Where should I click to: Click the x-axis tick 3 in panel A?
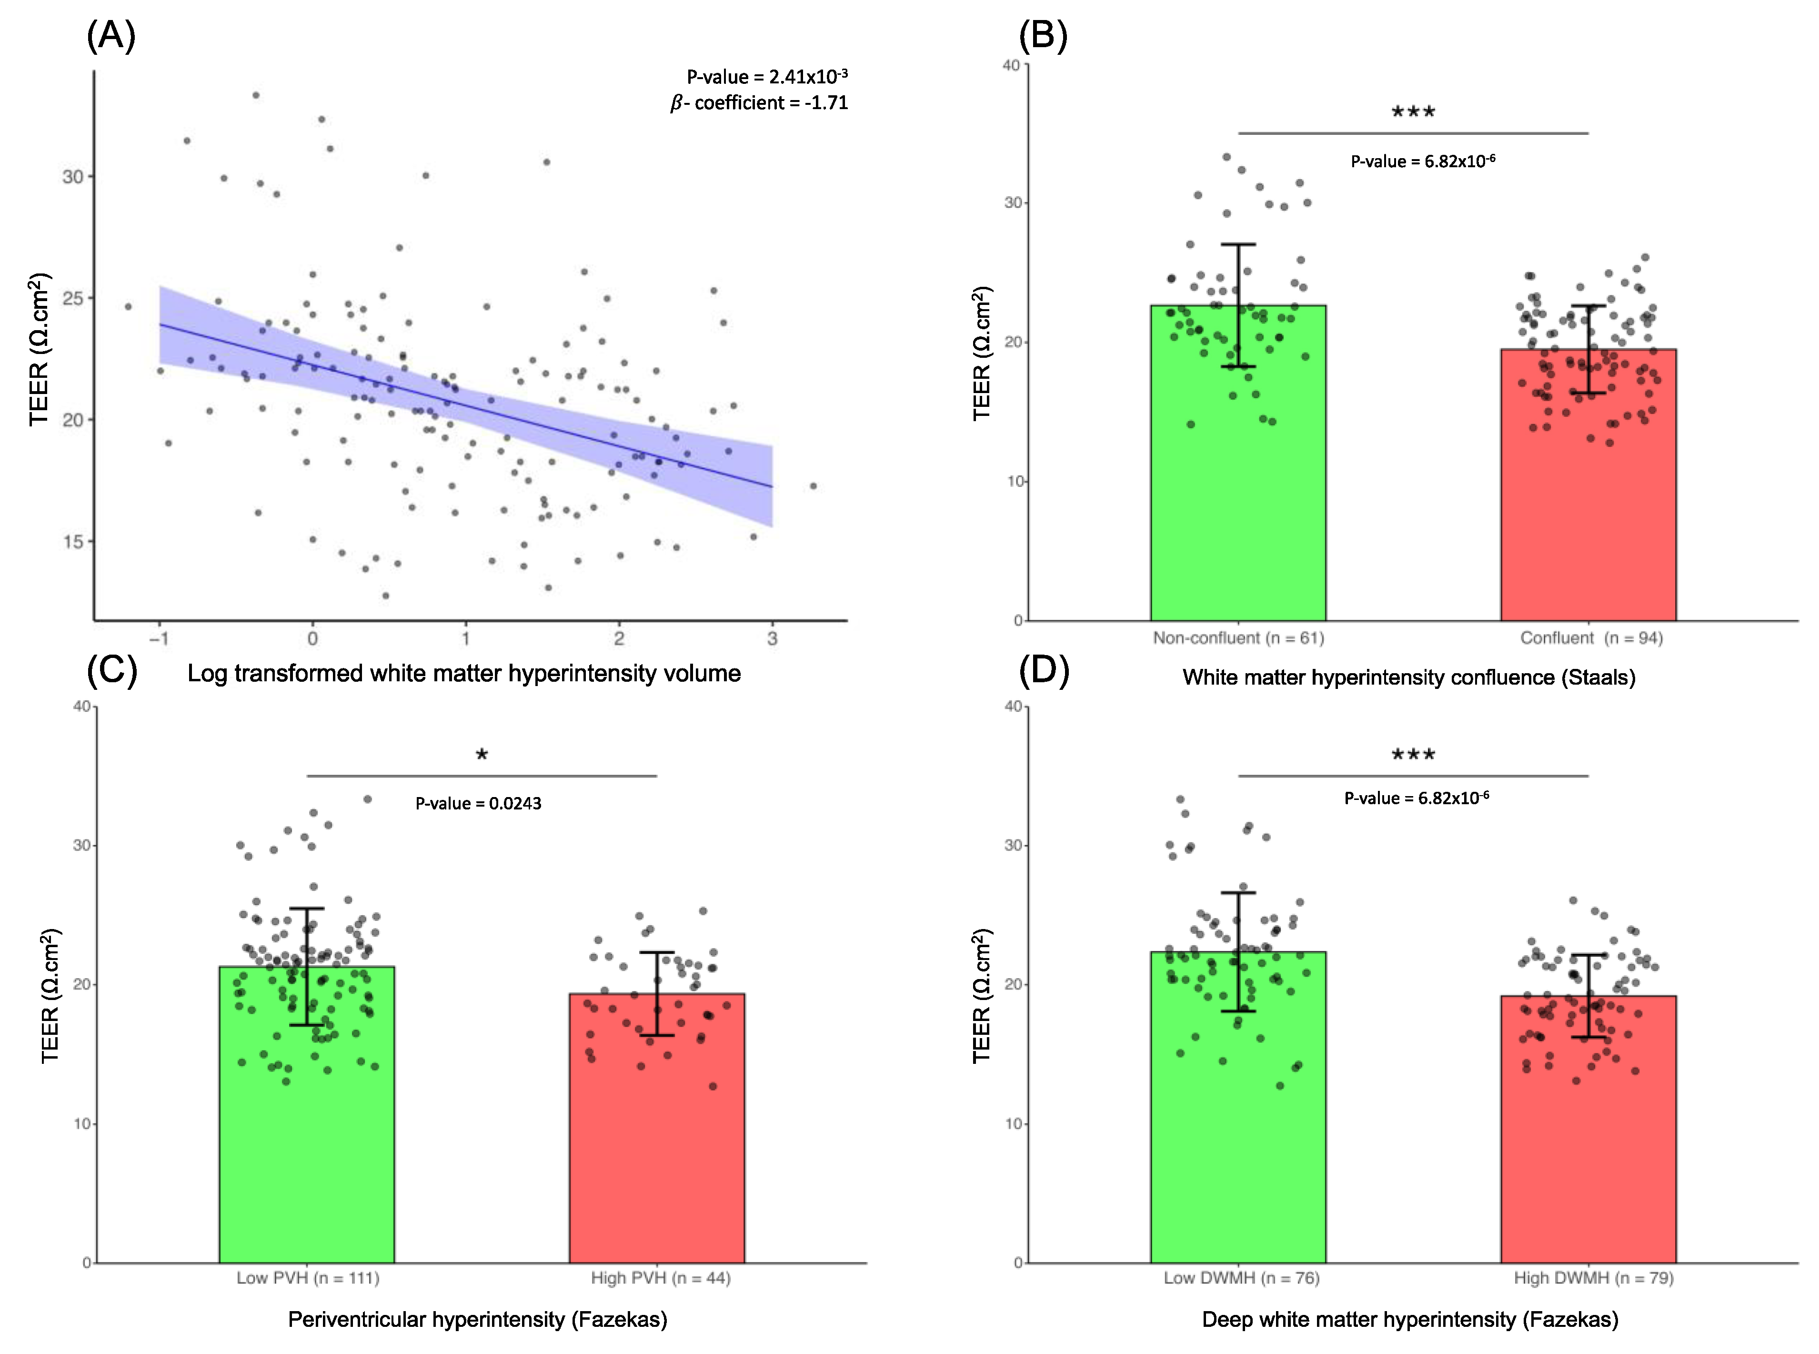tap(772, 638)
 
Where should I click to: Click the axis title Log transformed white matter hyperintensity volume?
tap(464, 674)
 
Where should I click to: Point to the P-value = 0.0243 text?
tap(479, 803)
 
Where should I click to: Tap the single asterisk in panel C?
tap(482, 755)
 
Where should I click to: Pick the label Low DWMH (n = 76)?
tap(1241, 1278)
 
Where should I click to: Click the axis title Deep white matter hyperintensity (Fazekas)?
tap(1409, 1320)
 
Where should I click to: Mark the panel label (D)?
tap(1043, 670)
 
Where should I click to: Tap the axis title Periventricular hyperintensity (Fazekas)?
tap(478, 1320)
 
